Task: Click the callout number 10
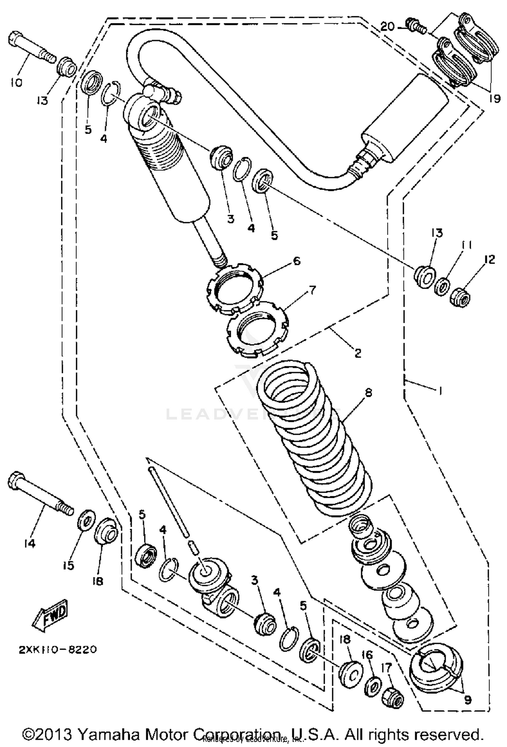tap(16, 82)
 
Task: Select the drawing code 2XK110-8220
tap(57, 650)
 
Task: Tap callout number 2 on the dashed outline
tap(358, 353)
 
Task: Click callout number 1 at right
tap(440, 391)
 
